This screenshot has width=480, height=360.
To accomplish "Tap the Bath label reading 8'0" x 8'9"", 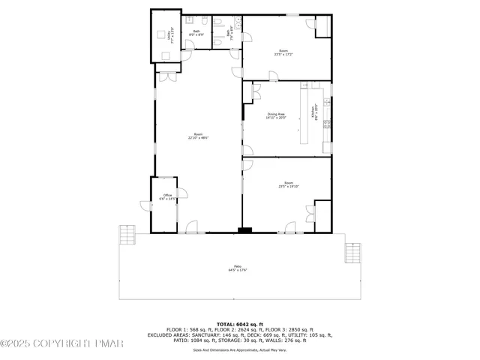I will [x=196, y=34].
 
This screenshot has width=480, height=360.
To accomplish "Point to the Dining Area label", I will [x=276, y=115].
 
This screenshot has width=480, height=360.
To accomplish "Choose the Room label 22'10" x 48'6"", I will [x=198, y=136].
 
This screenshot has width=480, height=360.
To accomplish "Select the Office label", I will [x=168, y=197].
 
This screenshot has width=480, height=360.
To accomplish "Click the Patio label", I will [x=238, y=268].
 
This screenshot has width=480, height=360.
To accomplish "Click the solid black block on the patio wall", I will [x=244, y=229].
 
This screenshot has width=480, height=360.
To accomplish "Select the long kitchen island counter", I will [x=304, y=115].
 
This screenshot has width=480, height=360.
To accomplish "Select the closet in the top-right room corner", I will [x=323, y=25].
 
